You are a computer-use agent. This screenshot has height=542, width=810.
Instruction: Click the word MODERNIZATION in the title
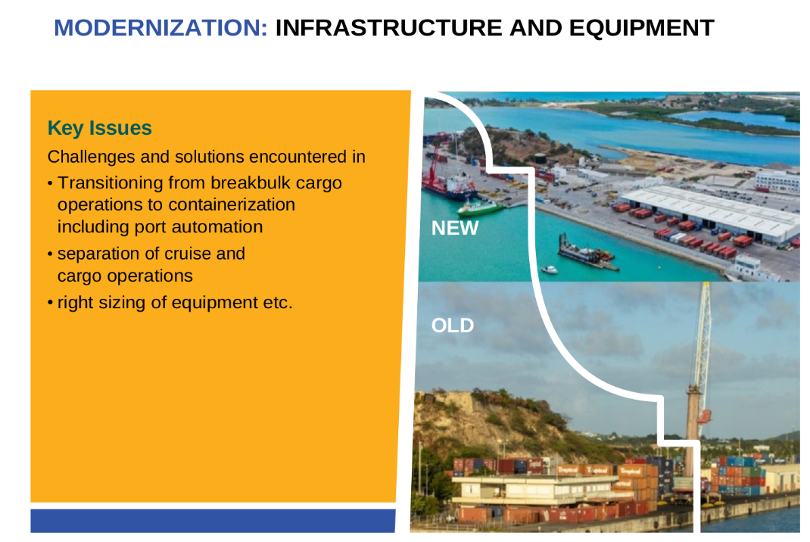pos(160,28)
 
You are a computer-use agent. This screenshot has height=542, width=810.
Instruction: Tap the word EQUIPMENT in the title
pos(642,28)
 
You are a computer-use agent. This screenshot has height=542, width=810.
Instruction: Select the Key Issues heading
pos(100,128)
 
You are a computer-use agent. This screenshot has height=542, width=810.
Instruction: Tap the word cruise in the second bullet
pos(188,254)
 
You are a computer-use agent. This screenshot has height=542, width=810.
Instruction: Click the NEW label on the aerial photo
pos(455,228)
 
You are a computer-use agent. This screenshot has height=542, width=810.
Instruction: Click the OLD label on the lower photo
pos(453,326)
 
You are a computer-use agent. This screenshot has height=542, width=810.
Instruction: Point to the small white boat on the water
pos(549,269)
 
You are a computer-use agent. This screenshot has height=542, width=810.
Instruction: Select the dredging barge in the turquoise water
pos(587,254)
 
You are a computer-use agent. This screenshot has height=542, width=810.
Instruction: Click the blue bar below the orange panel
pos(213,521)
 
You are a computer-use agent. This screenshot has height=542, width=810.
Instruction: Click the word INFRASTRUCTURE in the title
pos(388,28)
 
